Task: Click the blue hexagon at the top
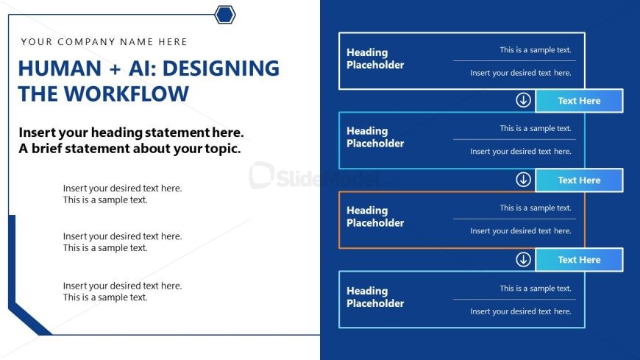coord(225,15)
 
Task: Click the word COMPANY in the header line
coord(86,42)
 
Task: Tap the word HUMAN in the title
coord(60,68)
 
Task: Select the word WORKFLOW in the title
coord(127,94)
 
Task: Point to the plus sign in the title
coord(115,69)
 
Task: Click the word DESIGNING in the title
coord(221,68)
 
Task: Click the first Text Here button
coord(579,101)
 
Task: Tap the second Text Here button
coord(579,180)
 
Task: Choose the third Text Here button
coord(579,259)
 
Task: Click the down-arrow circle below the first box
coord(523,100)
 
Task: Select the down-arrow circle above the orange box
coord(523,180)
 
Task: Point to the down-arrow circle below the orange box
coord(523,259)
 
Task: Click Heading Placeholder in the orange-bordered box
coord(375,216)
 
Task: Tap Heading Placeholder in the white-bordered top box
coord(375,58)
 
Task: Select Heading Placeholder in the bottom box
coord(375,297)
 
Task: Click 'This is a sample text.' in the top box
coord(536,50)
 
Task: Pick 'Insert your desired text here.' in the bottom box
coord(521,311)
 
